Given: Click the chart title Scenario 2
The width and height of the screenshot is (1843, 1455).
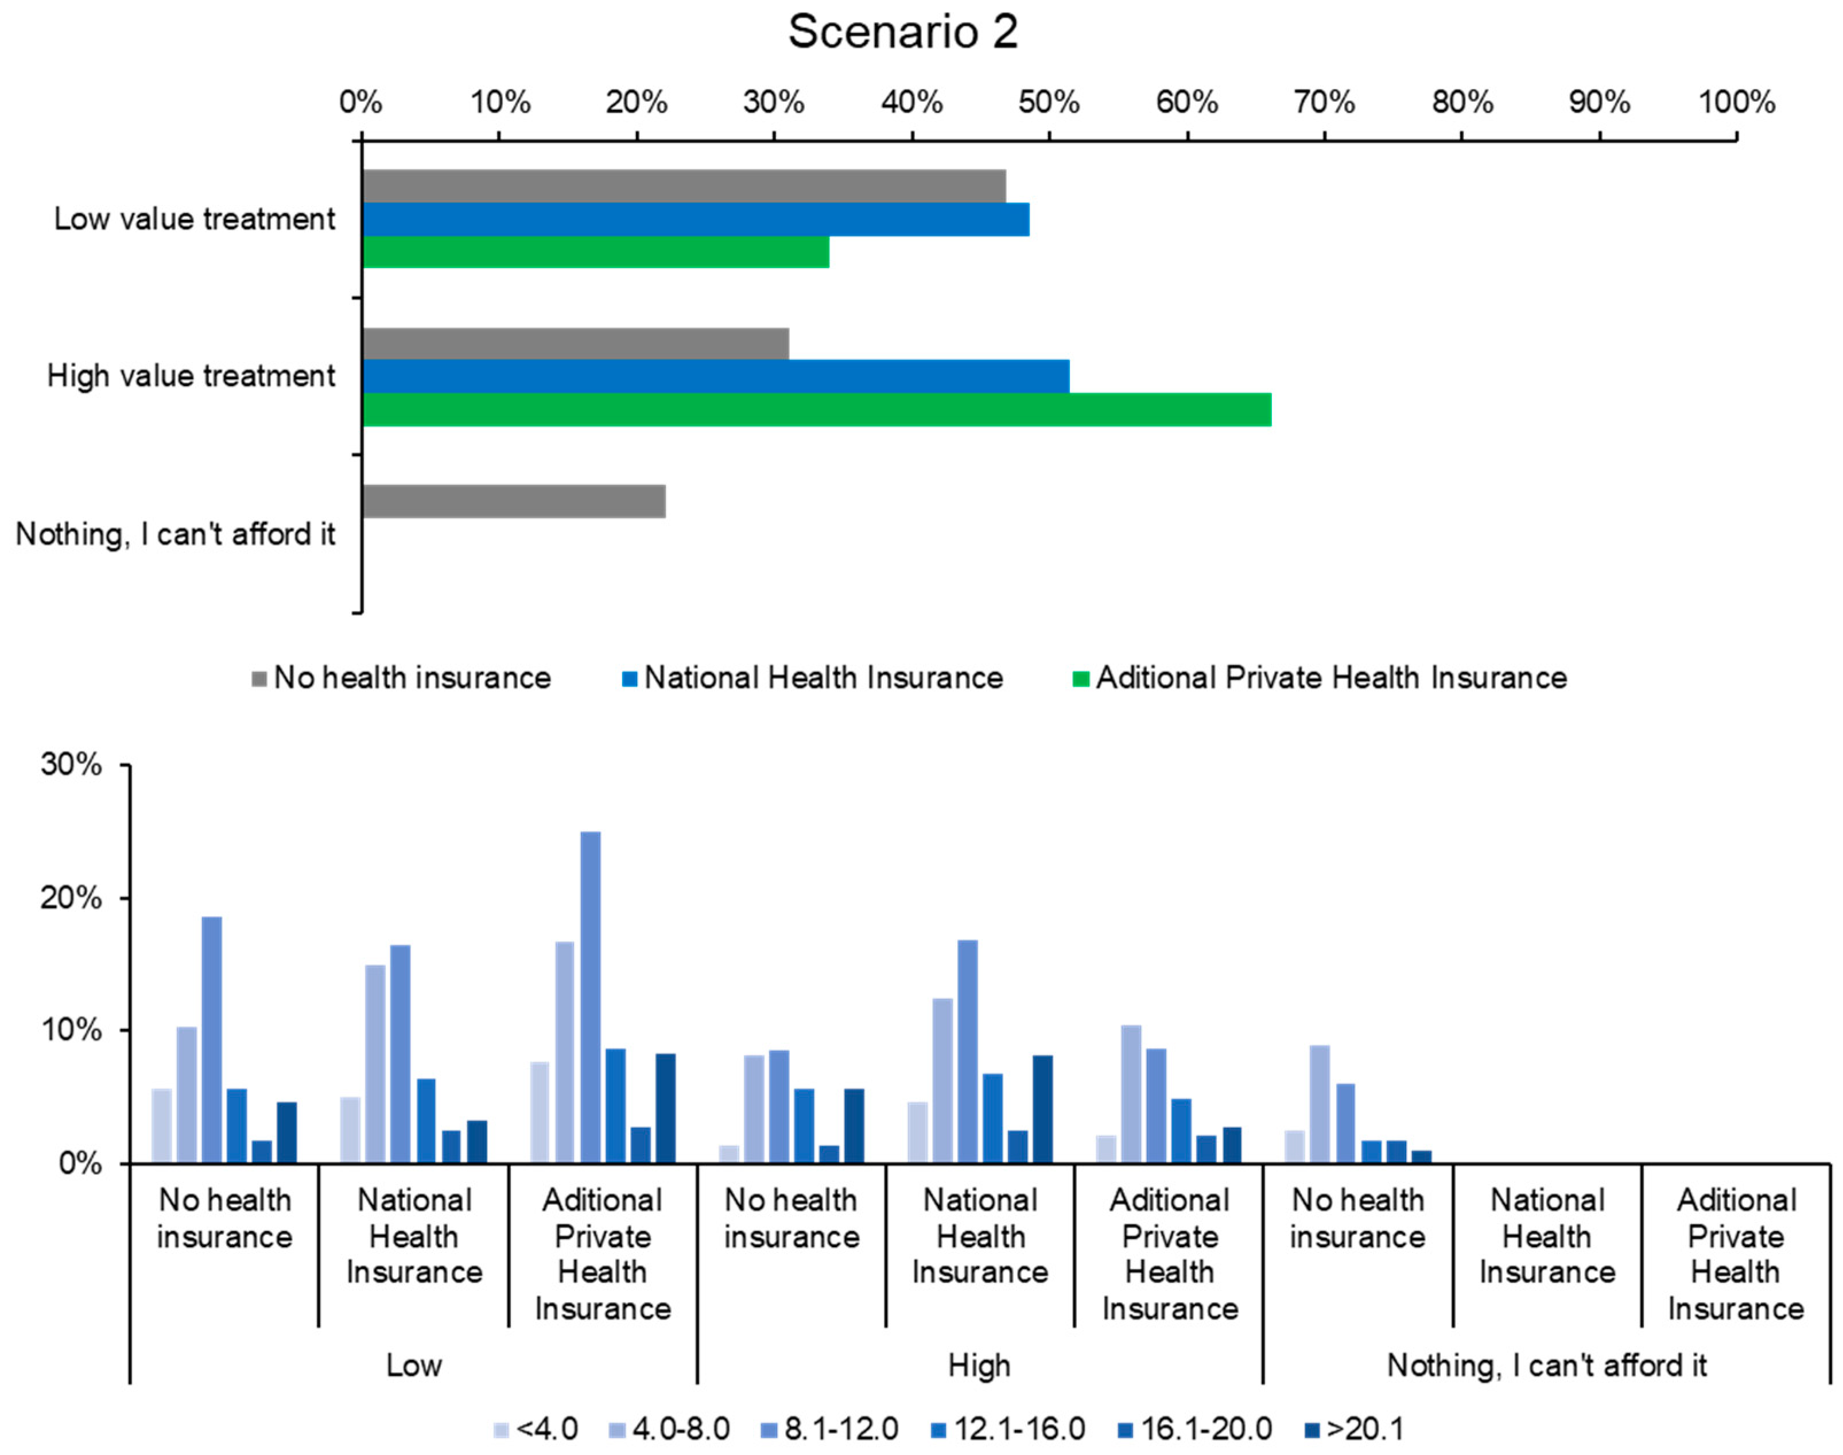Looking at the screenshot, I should point(903,32).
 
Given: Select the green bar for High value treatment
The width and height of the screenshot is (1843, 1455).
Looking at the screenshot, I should point(816,410).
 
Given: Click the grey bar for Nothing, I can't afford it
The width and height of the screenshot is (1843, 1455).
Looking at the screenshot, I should point(514,502).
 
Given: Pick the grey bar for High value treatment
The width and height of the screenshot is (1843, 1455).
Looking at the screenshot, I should point(575,344).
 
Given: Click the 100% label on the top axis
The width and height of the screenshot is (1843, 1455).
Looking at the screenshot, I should point(1737,102).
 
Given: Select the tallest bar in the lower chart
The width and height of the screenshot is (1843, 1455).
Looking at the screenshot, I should point(590,997).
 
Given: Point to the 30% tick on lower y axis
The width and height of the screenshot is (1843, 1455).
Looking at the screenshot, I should point(126,765).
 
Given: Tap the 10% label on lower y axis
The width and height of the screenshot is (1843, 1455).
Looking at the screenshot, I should point(71,1031).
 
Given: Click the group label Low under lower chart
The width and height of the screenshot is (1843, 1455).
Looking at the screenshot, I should point(414,1365).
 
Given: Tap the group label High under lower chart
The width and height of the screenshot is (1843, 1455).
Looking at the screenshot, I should point(979,1365).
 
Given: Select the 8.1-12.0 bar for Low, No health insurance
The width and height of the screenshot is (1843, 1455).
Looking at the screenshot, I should point(212,1039).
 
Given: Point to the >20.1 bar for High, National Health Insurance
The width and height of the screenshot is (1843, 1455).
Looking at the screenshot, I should point(1042,1109).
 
